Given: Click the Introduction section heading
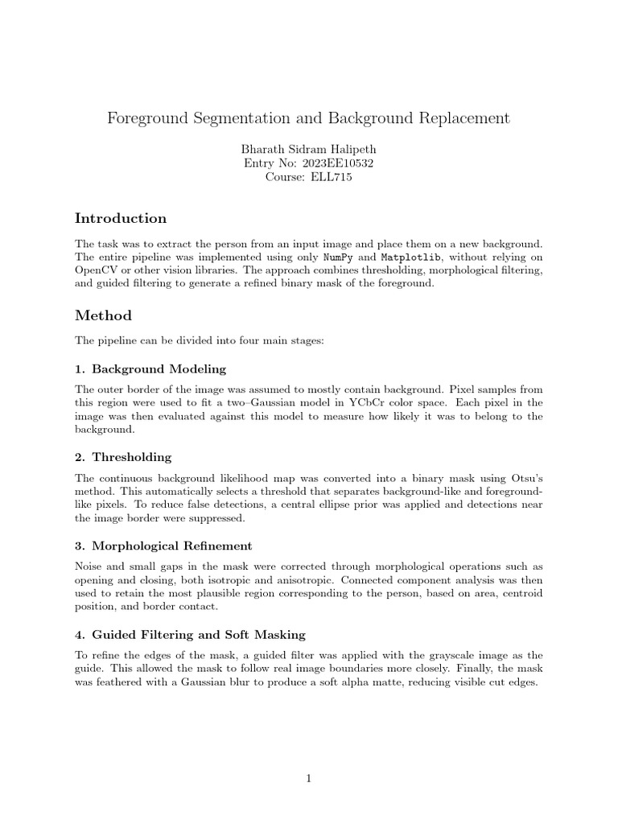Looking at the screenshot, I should (x=121, y=218).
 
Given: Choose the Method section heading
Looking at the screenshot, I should (x=104, y=315).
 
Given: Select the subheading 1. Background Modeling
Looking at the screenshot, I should (x=150, y=369).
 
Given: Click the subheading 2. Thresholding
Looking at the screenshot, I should (x=123, y=457).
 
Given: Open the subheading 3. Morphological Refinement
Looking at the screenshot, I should (x=163, y=546).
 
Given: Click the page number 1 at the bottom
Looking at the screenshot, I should (x=308, y=778).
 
